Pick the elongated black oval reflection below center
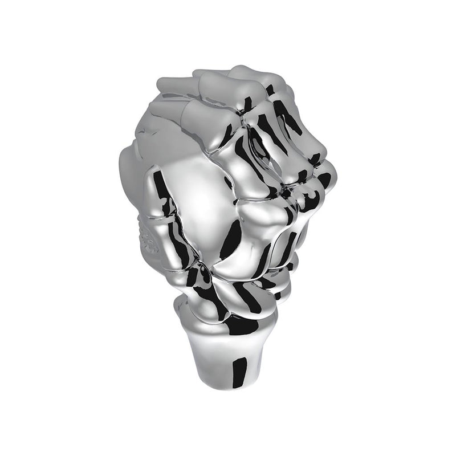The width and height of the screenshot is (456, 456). click(x=231, y=239)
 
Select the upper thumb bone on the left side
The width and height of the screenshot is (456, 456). click(x=162, y=188)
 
